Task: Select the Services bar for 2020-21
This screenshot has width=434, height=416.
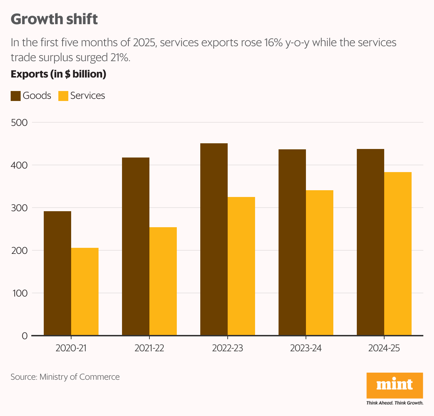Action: point(85,292)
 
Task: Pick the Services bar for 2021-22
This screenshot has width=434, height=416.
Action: point(163,281)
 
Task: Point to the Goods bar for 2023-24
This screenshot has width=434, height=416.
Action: point(292,242)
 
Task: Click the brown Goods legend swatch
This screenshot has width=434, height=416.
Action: point(16,96)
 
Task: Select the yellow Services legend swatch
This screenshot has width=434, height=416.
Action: point(63,96)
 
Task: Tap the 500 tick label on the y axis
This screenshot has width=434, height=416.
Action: point(19,123)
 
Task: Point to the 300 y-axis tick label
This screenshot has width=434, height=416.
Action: point(19,208)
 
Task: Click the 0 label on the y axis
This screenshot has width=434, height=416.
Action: point(25,336)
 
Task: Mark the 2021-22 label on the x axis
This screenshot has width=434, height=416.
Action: point(149,348)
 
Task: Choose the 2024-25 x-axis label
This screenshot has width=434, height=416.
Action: point(384,348)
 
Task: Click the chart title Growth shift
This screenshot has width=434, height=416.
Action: point(54,19)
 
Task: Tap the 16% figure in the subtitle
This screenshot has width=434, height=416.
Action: point(272,43)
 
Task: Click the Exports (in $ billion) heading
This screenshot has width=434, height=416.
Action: point(58,74)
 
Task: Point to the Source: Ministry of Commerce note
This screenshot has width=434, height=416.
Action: point(65,377)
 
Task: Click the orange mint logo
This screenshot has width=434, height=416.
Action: point(395,385)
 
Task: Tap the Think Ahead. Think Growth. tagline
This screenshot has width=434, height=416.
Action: point(395,403)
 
